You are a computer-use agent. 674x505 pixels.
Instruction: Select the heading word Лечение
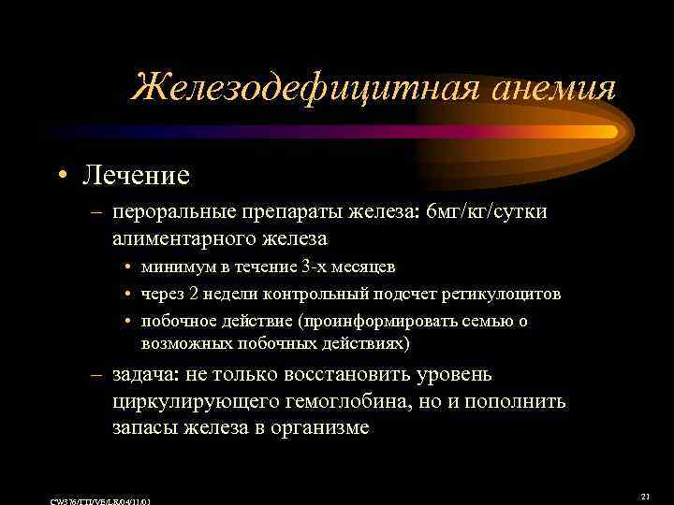135,174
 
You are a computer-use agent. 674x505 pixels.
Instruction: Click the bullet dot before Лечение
61,175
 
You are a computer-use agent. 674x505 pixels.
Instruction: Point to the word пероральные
172,213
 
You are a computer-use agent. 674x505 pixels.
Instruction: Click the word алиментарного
177,239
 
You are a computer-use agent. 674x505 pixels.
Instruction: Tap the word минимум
174,267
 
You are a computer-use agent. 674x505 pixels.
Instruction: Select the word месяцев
348,267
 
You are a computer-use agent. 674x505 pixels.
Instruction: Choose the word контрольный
306,295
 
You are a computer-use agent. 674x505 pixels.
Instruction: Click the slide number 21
645,496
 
